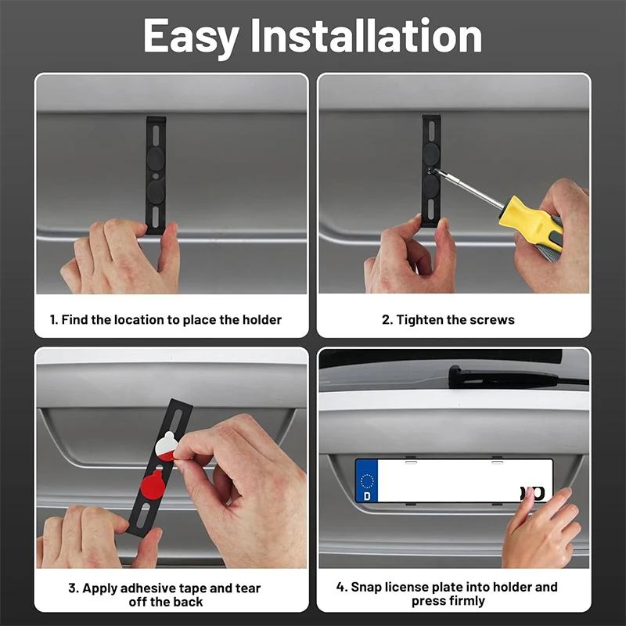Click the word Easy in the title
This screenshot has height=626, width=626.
pos(191,37)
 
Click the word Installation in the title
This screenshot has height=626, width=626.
pos(366,35)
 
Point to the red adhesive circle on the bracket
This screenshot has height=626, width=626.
pos(153,484)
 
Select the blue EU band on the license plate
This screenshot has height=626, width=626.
pos(366,480)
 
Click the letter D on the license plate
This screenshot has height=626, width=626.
pos(367,496)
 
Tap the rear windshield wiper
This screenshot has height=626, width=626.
pos(516,376)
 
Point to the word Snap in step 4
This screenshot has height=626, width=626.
pos(366,588)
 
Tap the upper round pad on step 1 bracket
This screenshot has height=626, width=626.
pos(155,158)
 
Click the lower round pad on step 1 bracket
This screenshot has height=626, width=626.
pos(155,192)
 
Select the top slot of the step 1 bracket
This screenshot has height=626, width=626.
pos(156,135)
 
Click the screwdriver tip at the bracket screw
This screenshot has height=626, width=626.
pos(431,171)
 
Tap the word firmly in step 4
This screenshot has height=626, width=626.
pos(463,601)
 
